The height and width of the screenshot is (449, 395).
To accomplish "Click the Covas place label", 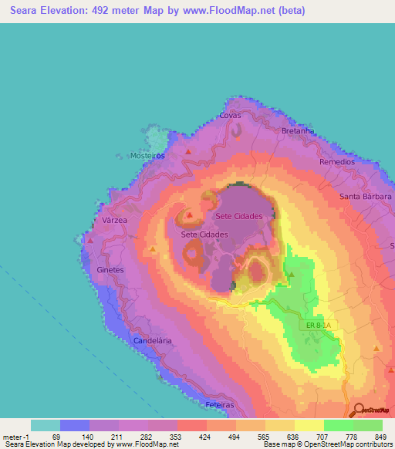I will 230,115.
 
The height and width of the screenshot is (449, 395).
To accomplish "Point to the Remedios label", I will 337,163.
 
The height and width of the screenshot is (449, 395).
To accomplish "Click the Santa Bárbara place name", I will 366,197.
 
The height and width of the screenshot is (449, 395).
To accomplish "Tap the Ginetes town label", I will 112,270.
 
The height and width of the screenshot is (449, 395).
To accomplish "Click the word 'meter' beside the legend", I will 15,437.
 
